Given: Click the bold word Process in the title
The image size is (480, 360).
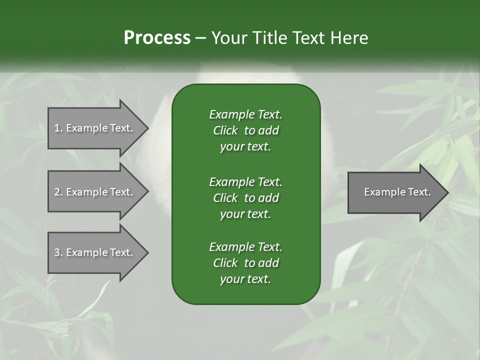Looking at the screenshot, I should click(x=157, y=38).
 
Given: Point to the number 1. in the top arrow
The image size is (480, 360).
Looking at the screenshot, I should click(x=58, y=128).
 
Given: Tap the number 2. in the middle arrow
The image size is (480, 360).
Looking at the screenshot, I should click(x=58, y=192).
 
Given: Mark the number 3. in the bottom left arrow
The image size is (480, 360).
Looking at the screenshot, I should click(x=58, y=252).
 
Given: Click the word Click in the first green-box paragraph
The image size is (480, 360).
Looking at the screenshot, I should click(x=225, y=130).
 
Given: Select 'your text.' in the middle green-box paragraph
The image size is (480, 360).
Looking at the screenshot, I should click(x=245, y=214).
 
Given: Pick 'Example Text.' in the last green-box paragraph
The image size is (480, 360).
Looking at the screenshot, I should click(x=245, y=246).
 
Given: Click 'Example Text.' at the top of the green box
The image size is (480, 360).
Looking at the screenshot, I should click(x=245, y=114).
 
